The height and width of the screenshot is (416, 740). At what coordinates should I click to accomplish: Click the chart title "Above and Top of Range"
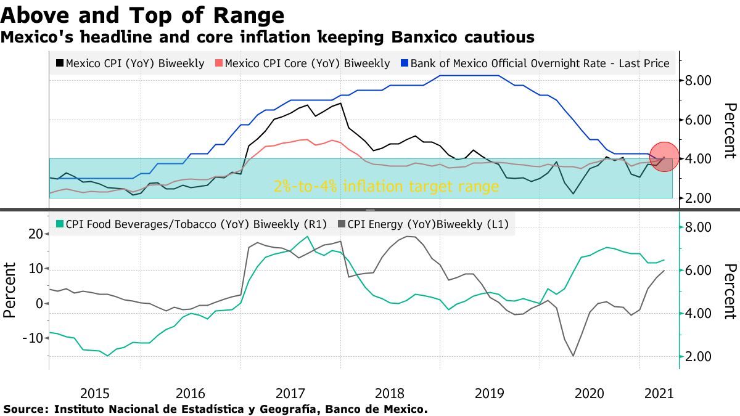[143, 15]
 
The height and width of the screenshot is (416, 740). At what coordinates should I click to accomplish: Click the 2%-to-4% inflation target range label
[387, 187]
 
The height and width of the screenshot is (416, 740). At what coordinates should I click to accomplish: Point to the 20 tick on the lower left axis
[35, 234]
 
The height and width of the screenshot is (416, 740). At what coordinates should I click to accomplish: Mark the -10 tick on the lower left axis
[31, 338]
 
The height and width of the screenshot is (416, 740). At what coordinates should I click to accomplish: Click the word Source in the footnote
[25, 409]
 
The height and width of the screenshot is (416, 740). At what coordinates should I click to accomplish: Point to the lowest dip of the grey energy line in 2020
[573, 356]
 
